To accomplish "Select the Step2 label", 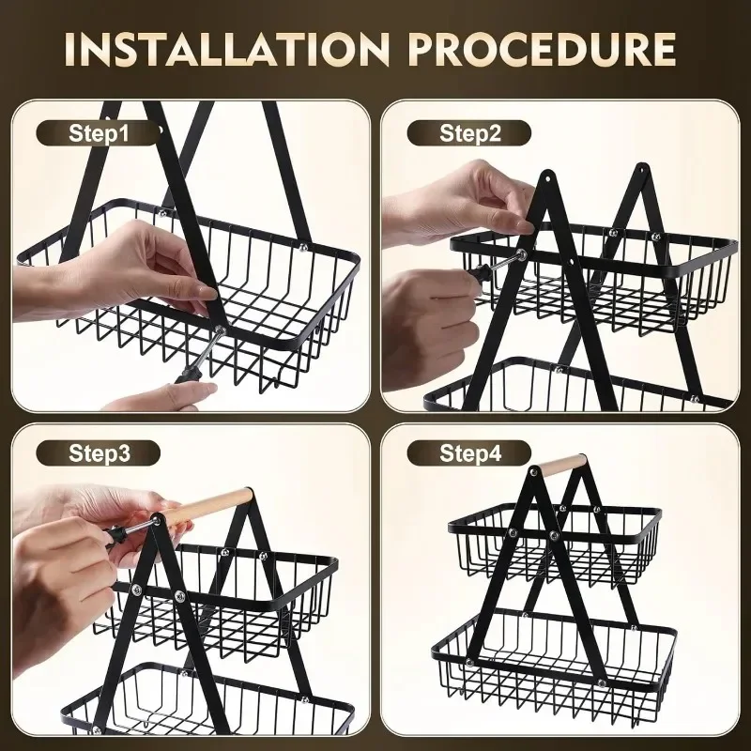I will pos(470,132).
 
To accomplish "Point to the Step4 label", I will pos(470,454).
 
